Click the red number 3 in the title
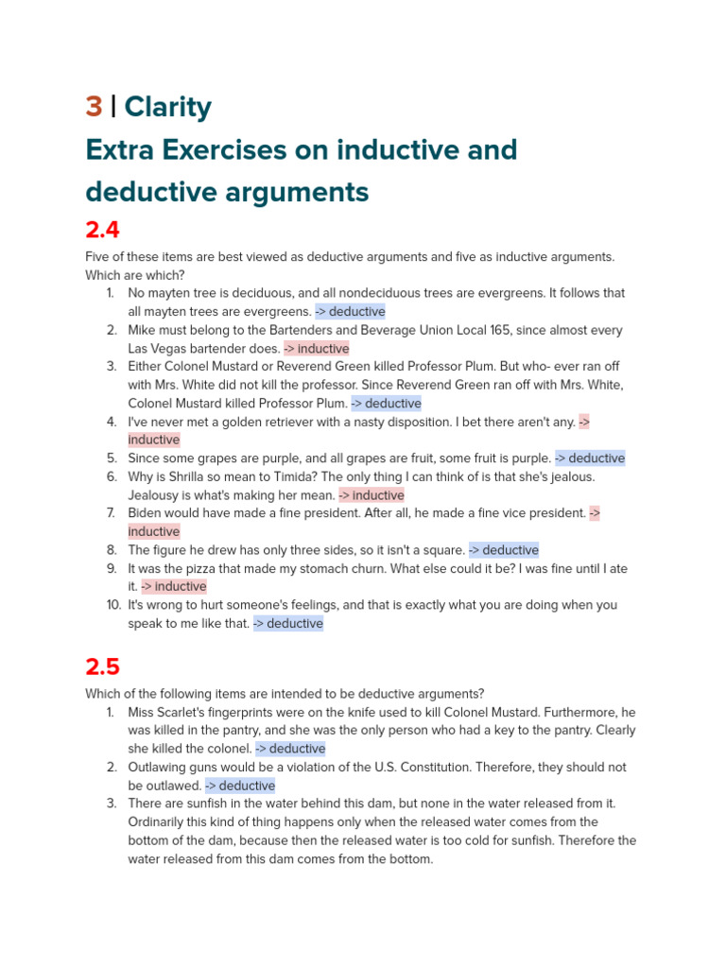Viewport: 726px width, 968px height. click(94, 108)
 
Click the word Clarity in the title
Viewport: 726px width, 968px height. click(167, 108)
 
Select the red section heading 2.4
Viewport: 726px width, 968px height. click(102, 230)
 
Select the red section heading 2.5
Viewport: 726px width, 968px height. click(102, 666)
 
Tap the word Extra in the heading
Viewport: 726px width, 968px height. click(122, 150)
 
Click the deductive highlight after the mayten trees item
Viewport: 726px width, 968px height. click(351, 312)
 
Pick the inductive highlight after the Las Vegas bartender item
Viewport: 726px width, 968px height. click(317, 349)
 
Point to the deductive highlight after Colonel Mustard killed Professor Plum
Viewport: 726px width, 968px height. click(387, 404)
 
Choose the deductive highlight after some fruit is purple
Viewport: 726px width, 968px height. click(590, 458)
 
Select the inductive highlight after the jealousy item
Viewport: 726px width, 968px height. click(372, 495)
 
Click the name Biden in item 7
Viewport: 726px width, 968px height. click(147, 513)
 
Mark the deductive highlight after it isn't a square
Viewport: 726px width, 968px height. click(504, 550)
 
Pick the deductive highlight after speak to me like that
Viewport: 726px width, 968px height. click(288, 624)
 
